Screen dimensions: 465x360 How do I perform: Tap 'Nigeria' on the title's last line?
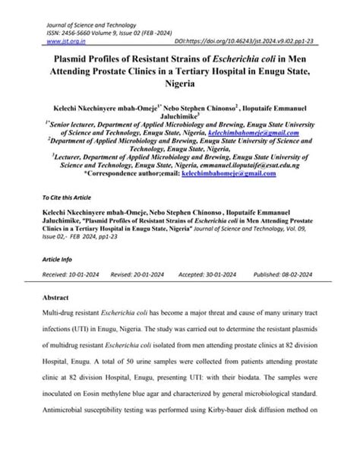click(179, 86)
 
